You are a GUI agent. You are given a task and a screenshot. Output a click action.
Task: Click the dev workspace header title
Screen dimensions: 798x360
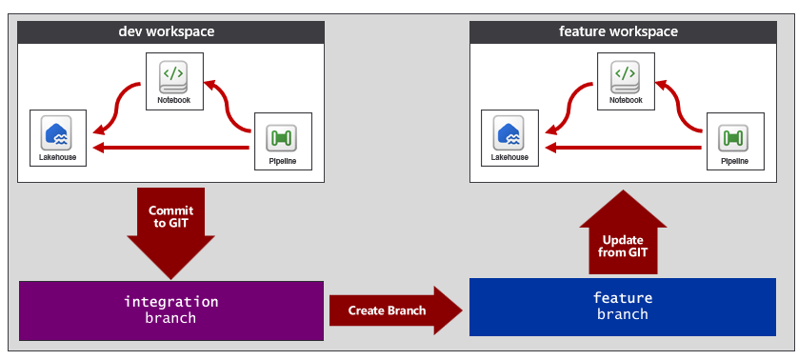coord(167,31)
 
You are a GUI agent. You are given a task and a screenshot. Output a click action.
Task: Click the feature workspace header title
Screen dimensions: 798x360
coord(618,31)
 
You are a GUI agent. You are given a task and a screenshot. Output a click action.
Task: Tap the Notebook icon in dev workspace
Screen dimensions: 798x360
coord(173,76)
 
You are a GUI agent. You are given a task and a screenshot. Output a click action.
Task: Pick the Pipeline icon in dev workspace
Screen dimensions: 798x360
coord(282,137)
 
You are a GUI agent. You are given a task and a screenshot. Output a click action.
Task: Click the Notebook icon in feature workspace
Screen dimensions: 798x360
coord(626,76)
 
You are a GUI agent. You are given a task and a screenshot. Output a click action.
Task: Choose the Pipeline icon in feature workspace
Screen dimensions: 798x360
coord(733,137)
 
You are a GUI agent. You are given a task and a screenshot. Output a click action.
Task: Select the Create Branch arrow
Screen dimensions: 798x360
coord(396,310)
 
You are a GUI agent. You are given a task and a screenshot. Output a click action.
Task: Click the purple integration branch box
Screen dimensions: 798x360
coord(171,310)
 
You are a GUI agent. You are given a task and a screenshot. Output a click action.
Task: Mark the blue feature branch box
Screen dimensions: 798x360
coord(623,307)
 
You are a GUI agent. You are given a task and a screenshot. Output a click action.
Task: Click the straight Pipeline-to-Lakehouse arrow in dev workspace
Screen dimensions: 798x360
coord(170,149)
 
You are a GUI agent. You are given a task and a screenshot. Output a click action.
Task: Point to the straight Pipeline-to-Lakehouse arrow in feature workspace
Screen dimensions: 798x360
coord(623,149)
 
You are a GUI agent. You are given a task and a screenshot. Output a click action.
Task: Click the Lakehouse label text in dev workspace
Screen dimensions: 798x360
coord(57,157)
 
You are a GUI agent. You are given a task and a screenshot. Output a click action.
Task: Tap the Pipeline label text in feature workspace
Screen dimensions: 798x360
coord(735,161)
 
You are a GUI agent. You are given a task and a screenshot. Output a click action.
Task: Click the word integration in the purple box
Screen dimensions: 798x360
coord(171,302)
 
